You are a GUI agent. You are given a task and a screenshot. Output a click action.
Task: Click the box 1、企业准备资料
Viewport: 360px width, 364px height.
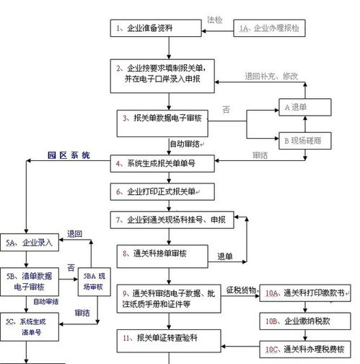click(x=156, y=29)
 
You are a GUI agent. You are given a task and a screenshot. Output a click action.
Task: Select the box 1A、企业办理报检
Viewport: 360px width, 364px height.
click(x=271, y=29)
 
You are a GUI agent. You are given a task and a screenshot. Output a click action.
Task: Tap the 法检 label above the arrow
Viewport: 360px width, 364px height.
click(x=216, y=19)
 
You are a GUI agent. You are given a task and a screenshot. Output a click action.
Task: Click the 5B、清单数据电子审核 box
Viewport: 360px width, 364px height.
click(x=28, y=282)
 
